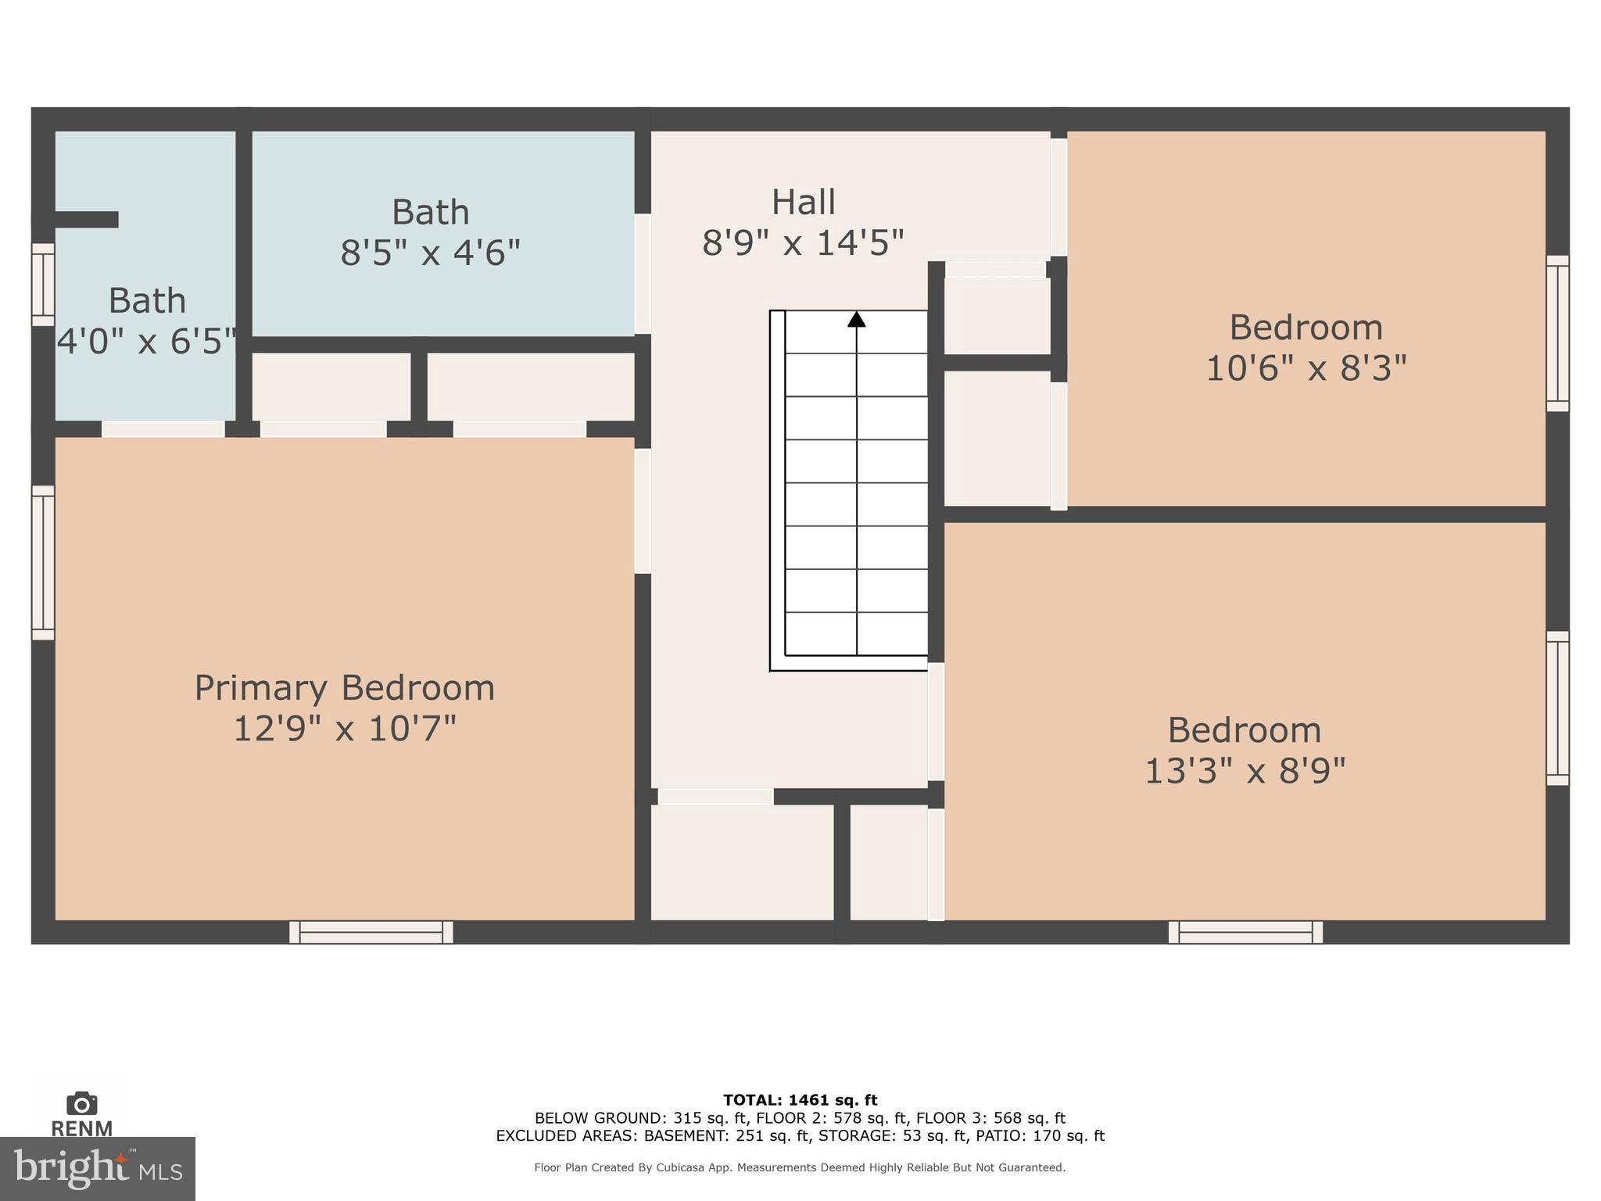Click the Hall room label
point(803,203)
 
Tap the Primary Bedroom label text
point(344,688)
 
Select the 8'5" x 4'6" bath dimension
point(430,253)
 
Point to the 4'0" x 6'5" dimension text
point(147,342)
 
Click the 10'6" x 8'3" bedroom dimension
point(1306,367)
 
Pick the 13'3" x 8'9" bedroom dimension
point(1245,771)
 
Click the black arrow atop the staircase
point(857,319)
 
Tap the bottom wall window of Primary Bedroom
point(371,932)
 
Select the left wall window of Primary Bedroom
point(43,562)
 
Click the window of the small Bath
point(43,284)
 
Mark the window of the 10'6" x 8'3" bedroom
point(1557,333)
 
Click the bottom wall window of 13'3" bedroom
point(1245,932)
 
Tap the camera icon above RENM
point(81,1103)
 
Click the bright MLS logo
point(97,1168)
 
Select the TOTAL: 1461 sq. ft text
point(800,1100)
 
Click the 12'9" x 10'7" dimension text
point(344,729)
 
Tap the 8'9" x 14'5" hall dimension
point(803,242)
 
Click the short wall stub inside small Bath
point(86,220)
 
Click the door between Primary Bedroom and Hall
point(643,511)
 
